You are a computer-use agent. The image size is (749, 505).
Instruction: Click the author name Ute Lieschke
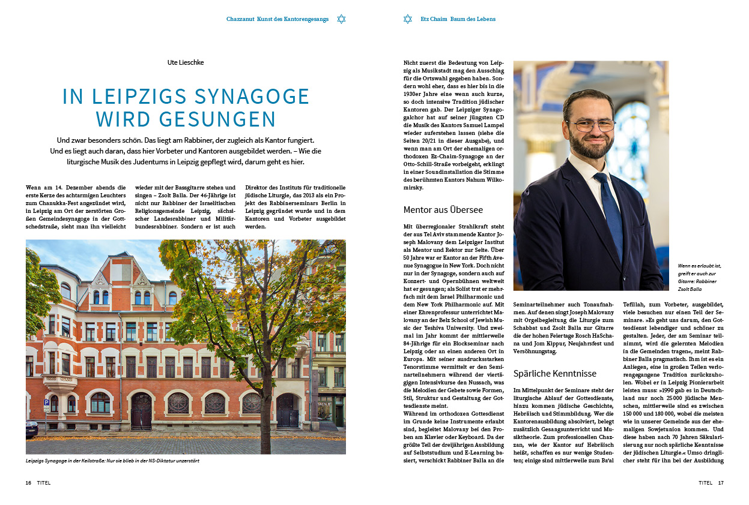[x=186, y=62]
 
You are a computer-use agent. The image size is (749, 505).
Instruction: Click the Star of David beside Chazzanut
[x=342, y=19]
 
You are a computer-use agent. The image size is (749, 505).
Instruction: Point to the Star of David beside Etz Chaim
[x=408, y=19]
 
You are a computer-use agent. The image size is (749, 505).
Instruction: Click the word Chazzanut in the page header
[x=240, y=19]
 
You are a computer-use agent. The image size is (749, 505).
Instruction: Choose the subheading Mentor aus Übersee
[x=443, y=210]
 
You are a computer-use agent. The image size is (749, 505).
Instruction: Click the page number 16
[x=28, y=482]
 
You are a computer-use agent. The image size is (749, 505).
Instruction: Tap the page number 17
[x=721, y=482]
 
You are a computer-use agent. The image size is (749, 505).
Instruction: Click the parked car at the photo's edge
[x=31, y=428]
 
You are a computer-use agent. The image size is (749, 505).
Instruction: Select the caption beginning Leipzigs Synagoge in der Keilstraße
[x=112, y=461]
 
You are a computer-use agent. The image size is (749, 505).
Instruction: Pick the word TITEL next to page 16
[x=44, y=482]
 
